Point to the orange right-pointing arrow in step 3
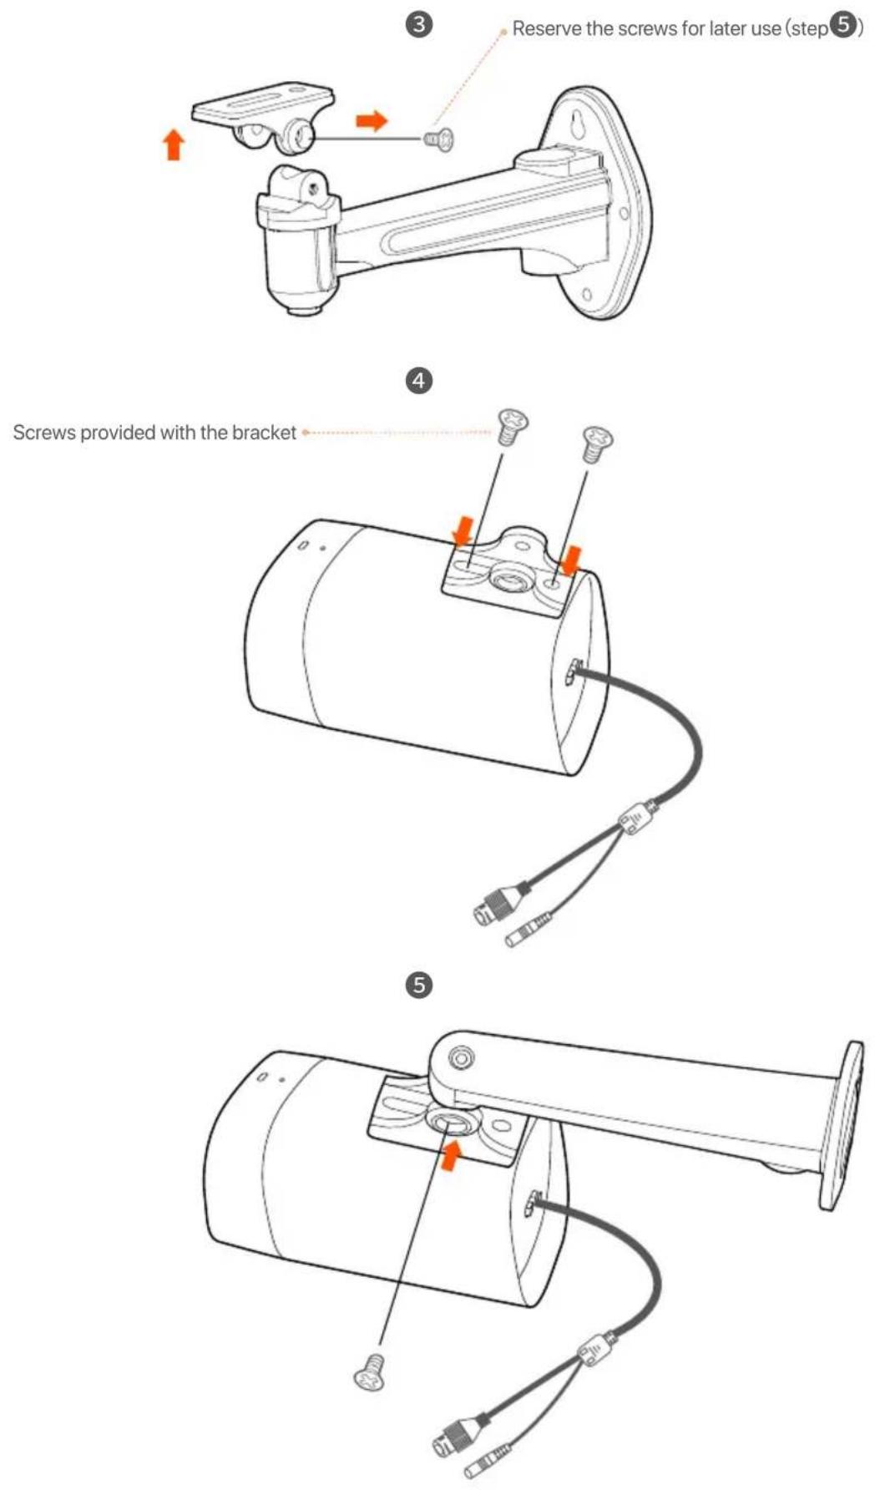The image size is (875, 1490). click(372, 121)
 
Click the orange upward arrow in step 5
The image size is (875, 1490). click(451, 1157)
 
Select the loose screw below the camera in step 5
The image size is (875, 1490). click(371, 1371)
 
